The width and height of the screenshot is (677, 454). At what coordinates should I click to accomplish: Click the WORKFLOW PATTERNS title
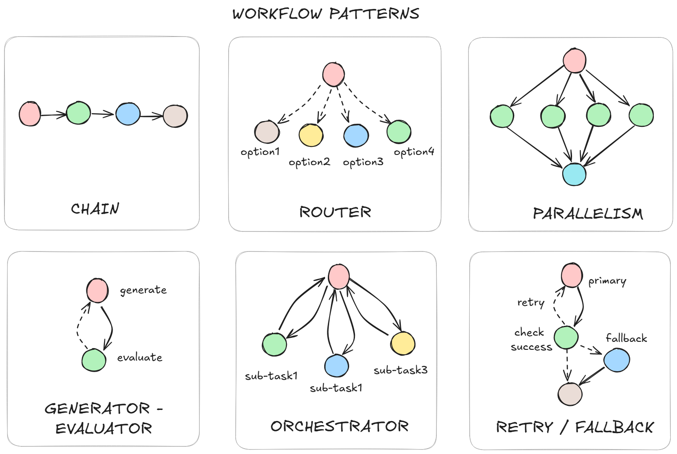click(x=326, y=14)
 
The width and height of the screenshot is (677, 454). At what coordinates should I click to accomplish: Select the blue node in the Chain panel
click(x=128, y=113)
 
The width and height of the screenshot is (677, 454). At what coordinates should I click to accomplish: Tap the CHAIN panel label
click(x=95, y=209)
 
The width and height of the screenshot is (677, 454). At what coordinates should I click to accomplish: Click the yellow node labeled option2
click(x=311, y=135)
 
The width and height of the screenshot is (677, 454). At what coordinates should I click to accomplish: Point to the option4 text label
click(x=414, y=152)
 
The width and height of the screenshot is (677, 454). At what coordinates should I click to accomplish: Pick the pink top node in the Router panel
click(x=334, y=74)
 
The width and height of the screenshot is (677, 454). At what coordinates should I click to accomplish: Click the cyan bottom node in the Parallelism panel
click(x=574, y=174)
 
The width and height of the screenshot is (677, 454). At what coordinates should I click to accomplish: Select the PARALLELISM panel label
click(x=588, y=214)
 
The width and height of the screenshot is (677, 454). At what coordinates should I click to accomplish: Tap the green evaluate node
click(x=94, y=360)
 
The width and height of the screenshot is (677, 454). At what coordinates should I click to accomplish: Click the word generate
click(x=143, y=290)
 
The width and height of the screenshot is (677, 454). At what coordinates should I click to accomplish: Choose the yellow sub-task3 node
click(x=403, y=343)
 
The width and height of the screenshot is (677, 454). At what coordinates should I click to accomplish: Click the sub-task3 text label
click(x=400, y=370)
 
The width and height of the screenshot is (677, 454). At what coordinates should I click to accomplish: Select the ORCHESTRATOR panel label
click(x=339, y=426)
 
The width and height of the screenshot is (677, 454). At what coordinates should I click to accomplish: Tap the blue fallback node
click(x=617, y=360)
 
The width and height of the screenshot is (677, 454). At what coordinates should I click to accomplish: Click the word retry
click(x=531, y=303)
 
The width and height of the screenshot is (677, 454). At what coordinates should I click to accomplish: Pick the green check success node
click(x=566, y=337)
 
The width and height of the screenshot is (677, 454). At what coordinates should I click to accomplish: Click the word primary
click(x=607, y=281)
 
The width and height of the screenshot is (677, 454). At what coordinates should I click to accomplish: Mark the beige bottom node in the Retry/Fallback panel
click(x=570, y=394)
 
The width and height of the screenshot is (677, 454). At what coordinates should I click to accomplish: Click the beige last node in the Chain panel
click(x=175, y=116)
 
